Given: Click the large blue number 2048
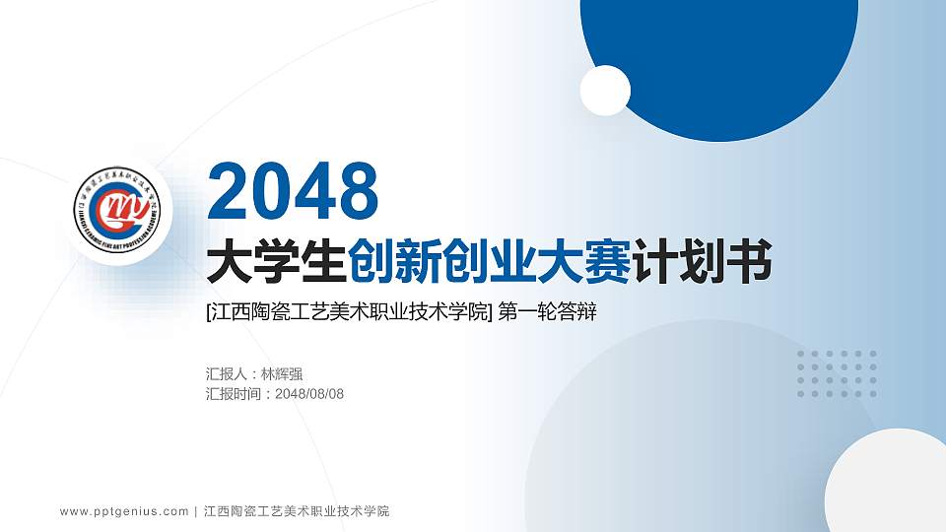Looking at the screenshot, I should click(x=294, y=192).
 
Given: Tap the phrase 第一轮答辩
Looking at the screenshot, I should click(x=548, y=313).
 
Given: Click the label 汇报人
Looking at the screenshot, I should click(x=228, y=374).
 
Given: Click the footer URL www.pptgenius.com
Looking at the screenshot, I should click(x=124, y=511).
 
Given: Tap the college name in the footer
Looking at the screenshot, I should click(x=297, y=511).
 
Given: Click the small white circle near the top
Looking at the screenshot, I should click(x=605, y=91).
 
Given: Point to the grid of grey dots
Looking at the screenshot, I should click(x=837, y=374).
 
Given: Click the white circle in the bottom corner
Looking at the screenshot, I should click(x=887, y=488).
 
